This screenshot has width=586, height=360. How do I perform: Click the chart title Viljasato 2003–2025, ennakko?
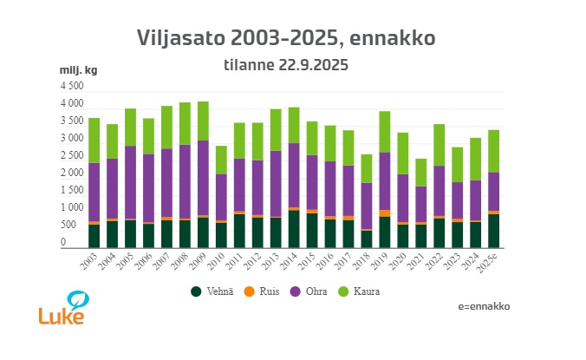286,38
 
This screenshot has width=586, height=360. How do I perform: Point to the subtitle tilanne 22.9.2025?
286,64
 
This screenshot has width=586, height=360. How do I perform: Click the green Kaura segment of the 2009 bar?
203,121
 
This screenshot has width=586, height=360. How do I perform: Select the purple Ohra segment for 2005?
130,182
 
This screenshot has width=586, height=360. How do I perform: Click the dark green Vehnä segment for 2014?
294,229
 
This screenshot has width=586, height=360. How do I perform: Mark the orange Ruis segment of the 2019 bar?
385,213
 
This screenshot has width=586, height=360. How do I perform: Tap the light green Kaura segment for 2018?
367,168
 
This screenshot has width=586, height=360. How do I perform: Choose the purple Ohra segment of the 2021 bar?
421,205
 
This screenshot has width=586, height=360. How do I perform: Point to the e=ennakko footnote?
484,306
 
